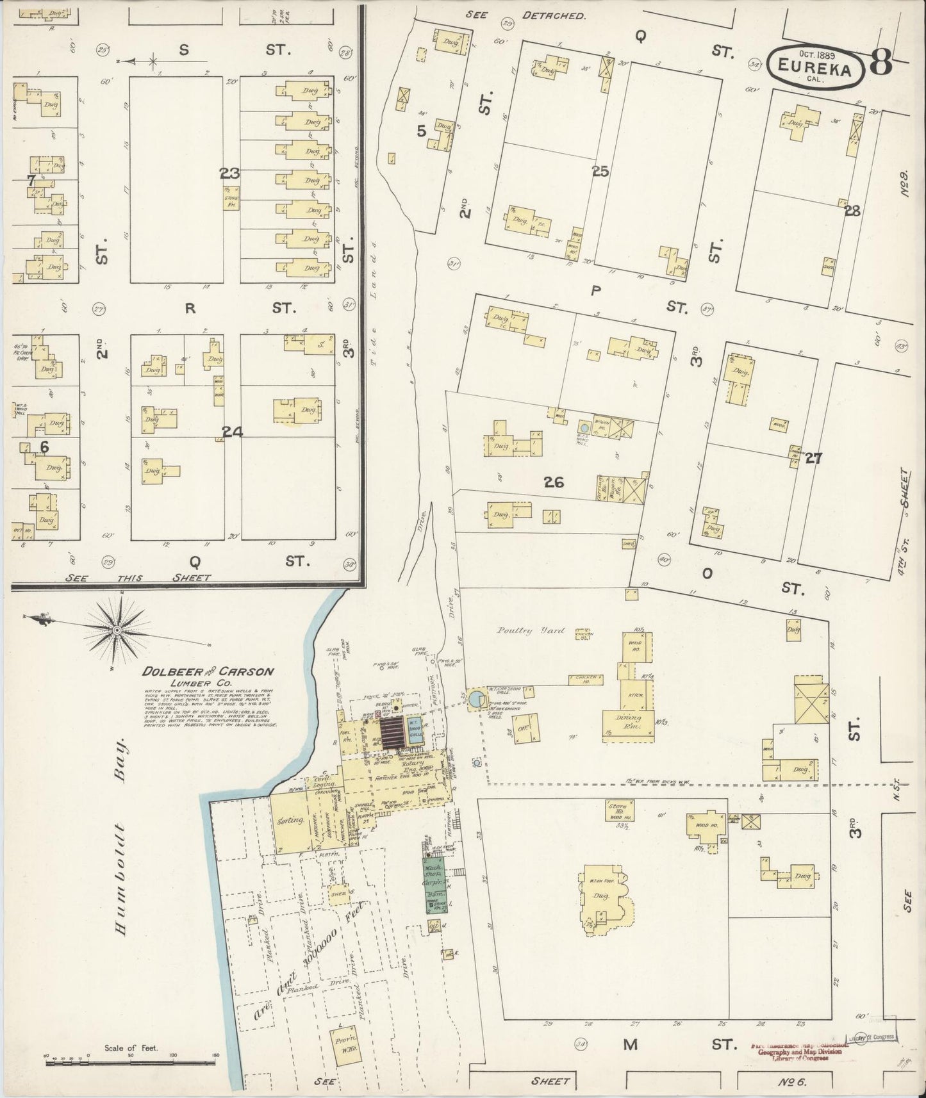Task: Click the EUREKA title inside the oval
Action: click(x=816, y=65)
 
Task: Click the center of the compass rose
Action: click(x=117, y=631)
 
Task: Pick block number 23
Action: click(x=229, y=173)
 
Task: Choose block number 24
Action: click(x=233, y=432)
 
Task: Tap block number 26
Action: click(x=554, y=482)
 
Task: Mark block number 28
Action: click(x=852, y=211)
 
